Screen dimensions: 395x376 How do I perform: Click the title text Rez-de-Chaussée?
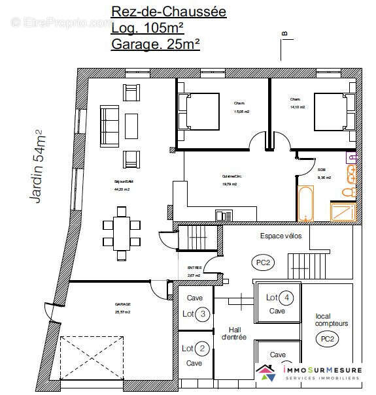[x=169, y=11]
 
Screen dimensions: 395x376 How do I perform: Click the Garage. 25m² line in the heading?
[x=156, y=44]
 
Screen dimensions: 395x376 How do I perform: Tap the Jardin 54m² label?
[x=39, y=166]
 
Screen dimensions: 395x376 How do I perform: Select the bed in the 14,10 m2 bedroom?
[x=334, y=112]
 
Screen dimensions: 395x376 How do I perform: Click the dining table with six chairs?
[x=122, y=225]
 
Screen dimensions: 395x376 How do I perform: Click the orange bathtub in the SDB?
[x=305, y=204]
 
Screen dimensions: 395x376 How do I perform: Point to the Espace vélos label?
[x=281, y=236]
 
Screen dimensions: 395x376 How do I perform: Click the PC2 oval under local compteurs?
[x=328, y=339]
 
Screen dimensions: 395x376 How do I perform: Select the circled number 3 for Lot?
[x=203, y=314]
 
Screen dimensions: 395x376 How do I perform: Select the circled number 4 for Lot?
[x=286, y=298]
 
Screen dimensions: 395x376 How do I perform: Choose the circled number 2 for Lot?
[x=203, y=349]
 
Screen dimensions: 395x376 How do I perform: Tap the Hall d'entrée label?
[x=233, y=333]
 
